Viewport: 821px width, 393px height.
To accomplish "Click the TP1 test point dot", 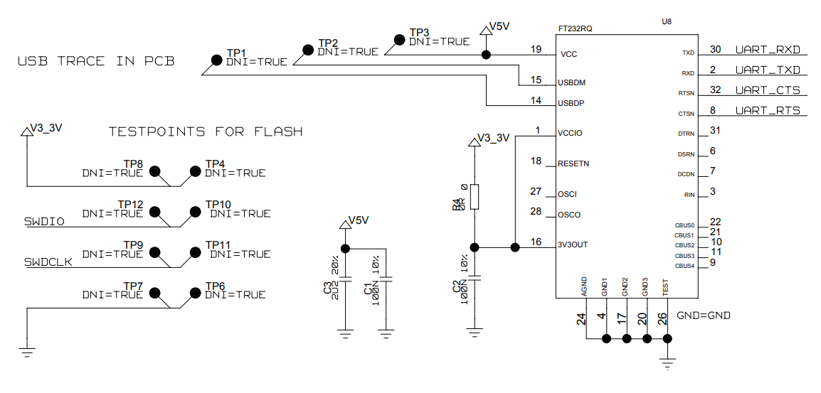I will (x=216, y=60).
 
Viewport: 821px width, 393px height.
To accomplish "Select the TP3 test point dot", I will (x=398, y=39).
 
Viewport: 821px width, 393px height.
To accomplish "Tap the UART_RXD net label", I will (x=768, y=50).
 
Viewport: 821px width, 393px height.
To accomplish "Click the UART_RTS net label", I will (x=768, y=110).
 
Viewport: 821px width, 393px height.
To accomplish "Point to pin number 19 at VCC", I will (x=536, y=49).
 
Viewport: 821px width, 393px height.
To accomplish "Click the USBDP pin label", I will (x=571, y=103).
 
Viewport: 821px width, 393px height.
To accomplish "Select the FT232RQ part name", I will (x=576, y=29).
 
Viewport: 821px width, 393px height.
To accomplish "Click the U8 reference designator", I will (x=667, y=21).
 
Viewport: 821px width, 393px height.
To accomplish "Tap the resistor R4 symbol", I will (x=475, y=197).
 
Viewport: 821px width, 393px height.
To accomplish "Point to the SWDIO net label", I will (x=44, y=222).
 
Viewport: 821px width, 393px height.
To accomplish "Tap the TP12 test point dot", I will (x=154, y=212).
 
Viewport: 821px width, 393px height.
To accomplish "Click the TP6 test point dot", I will (x=195, y=293).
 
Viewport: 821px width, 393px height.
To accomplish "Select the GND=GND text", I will (x=704, y=316).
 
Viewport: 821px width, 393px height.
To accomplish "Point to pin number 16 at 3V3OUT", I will (x=536, y=242).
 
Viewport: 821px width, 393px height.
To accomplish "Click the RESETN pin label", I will (x=573, y=163).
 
